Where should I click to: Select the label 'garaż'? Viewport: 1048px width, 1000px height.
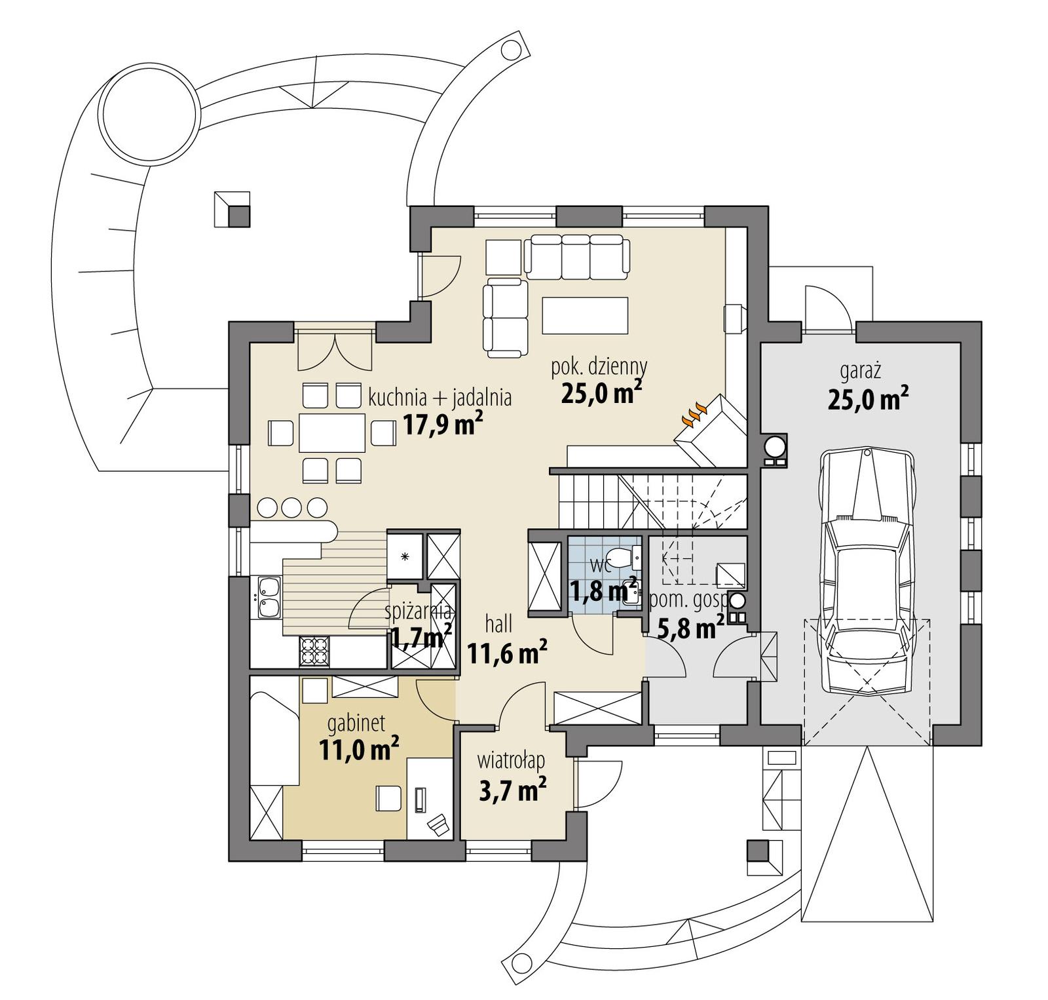coord(860,372)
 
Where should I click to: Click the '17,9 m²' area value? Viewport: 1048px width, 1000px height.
coord(443,425)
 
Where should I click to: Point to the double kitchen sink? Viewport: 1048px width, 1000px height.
coord(269,597)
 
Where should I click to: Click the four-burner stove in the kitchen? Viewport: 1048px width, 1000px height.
coord(312,651)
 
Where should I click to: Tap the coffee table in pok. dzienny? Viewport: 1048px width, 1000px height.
coord(584,315)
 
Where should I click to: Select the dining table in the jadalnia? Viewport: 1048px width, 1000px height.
coord(331,433)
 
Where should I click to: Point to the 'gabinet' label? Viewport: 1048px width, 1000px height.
coord(356,723)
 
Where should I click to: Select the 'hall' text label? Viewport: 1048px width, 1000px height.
coord(498,625)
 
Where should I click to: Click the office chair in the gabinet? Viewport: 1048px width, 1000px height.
coord(438,824)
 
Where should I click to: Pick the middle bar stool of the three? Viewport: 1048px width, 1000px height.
coord(291,507)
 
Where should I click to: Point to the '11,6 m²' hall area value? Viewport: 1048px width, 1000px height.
coord(506,653)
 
